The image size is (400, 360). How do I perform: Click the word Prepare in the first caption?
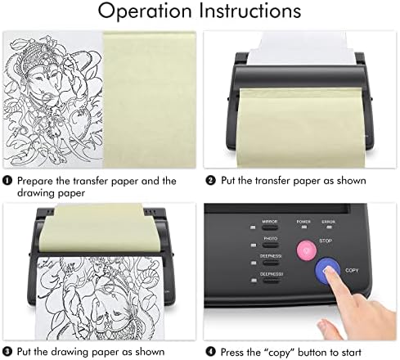35,180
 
